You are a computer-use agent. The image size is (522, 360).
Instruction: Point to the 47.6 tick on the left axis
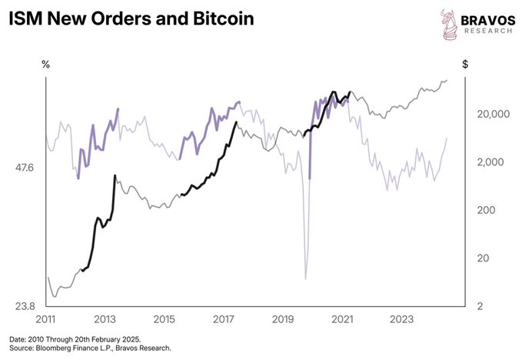(x=25, y=166)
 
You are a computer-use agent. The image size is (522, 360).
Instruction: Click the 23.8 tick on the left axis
(x=25, y=306)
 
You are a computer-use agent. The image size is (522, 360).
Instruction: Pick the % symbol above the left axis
(x=45, y=65)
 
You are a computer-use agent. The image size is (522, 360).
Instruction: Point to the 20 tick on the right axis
(x=479, y=258)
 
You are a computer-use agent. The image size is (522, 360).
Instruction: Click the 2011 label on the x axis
(x=45, y=319)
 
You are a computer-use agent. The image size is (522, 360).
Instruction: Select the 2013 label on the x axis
(x=105, y=319)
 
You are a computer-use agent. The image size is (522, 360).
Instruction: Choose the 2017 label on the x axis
(x=224, y=319)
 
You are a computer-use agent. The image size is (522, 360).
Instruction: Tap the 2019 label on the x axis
(x=283, y=319)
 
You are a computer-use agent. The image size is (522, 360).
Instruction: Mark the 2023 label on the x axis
(x=402, y=319)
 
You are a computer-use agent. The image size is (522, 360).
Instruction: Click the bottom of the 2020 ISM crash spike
(x=306, y=278)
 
